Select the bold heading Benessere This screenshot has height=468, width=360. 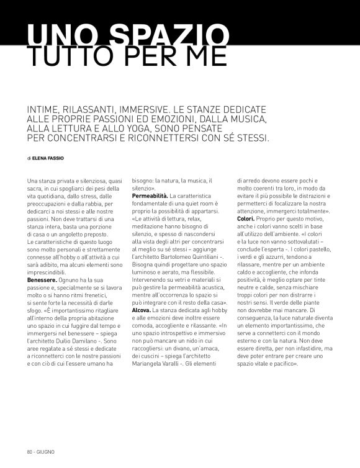point(42,280)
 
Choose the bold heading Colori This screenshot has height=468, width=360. point(245,219)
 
